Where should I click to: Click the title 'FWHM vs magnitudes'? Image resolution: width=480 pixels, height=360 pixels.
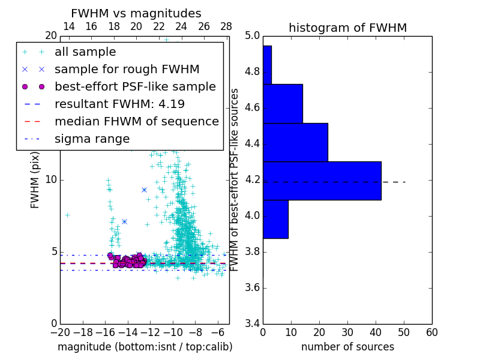pos(136,14)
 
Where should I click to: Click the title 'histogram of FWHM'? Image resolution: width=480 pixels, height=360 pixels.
pos(347,28)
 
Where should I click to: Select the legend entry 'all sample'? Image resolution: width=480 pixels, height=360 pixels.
pos(85,52)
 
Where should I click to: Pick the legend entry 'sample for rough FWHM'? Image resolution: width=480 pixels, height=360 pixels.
pos(127,69)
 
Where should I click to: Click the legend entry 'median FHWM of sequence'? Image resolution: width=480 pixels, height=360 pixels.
pos(136,121)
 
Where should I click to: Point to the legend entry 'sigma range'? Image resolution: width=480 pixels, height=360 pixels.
pos(92,139)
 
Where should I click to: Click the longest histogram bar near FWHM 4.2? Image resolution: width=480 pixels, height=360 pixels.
pos(322,181)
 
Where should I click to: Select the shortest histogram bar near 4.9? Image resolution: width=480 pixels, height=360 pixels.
pos(267,65)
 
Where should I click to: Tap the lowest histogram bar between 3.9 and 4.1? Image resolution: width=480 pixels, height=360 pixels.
pos(275,219)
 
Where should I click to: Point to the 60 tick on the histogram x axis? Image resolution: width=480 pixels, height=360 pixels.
pos(431,332)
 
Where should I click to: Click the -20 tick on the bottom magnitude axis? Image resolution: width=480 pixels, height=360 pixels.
pos(60,332)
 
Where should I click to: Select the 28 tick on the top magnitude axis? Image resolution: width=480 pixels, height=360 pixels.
pos(226,26)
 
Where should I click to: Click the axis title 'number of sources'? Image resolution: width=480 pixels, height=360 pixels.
pos(347,347)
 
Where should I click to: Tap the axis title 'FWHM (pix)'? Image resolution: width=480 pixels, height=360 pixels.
pos(35,181)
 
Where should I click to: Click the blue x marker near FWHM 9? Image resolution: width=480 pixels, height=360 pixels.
pos(144,190)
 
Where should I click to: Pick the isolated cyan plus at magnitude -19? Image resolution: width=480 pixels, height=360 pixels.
pos(67,214)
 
